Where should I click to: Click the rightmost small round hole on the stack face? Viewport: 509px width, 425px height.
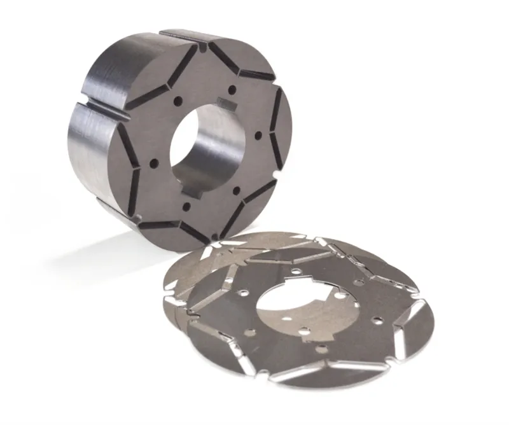coord(257,136)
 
